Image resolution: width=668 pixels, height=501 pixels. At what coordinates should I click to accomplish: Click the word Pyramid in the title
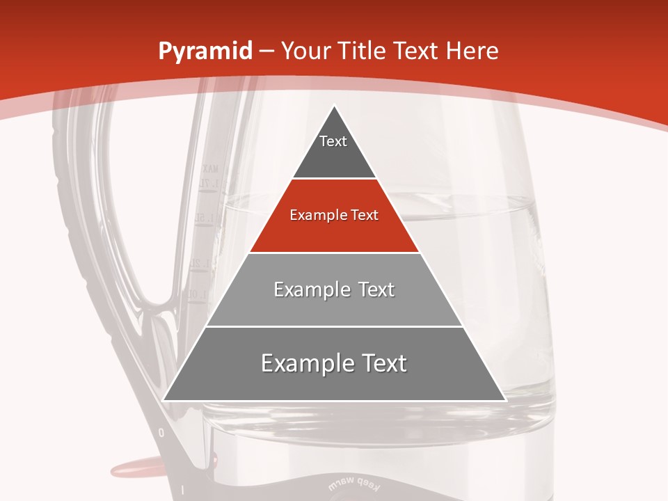(205, 51)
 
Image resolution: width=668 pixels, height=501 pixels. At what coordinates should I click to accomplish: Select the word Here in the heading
(472, 51)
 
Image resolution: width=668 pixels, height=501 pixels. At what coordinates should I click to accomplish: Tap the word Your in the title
(305, 51)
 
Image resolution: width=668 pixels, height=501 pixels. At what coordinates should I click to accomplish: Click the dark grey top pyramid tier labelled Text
(333, 150)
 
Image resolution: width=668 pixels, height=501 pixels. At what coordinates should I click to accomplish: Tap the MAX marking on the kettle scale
(210, 168)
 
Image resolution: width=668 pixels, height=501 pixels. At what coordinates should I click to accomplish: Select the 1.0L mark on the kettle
(193, 294)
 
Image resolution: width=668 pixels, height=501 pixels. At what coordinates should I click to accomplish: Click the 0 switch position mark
(161, 433)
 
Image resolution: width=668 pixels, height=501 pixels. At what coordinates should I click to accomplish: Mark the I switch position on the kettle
(182, 491)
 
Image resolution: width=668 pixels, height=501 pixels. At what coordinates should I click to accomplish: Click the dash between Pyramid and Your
(267, 52)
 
